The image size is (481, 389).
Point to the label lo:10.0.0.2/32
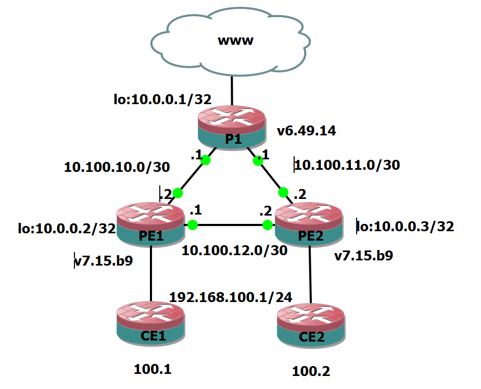tap(67, 228)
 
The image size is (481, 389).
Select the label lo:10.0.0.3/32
tap(405, 227)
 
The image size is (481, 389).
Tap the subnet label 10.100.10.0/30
tap(117, 167)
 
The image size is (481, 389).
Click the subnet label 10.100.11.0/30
tap(347, 166)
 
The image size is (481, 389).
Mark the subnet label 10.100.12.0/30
tap(234, 250)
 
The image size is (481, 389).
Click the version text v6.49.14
tap(306, 131)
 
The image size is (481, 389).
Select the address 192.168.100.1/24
tap(231, 297)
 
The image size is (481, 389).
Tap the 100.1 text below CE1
tap(153, 370)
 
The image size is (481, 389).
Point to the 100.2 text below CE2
tap(311, 371)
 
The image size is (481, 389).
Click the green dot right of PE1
tap(193, 225)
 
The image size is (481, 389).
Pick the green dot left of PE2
tap(268, 225)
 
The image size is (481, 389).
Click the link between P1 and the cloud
tap(232, 91)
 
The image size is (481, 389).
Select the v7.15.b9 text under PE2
tap(363, 256)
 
